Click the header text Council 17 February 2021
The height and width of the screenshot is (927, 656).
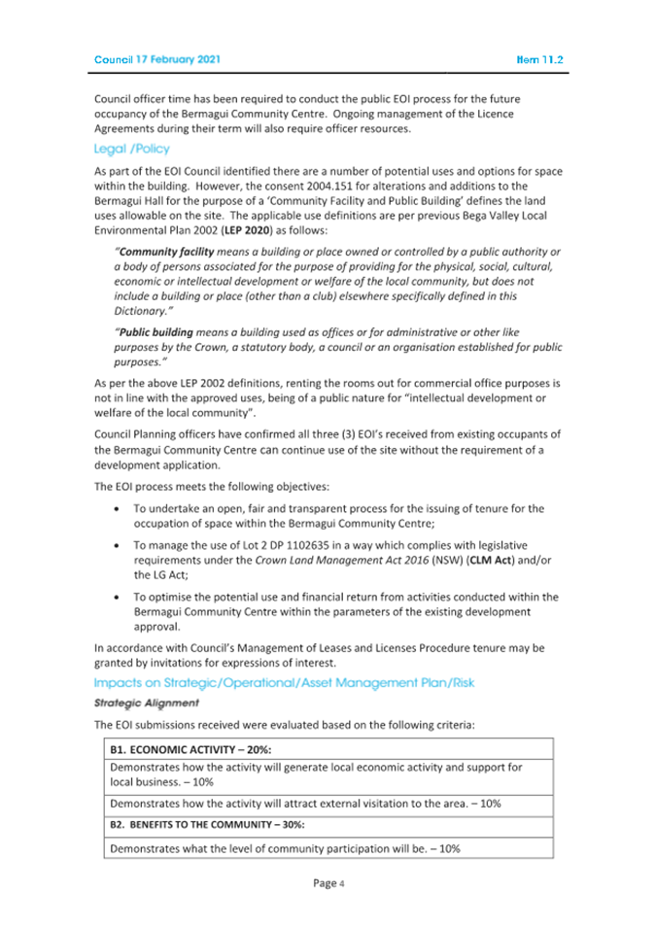point(157,59)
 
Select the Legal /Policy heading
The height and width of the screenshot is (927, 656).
point(131,149)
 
